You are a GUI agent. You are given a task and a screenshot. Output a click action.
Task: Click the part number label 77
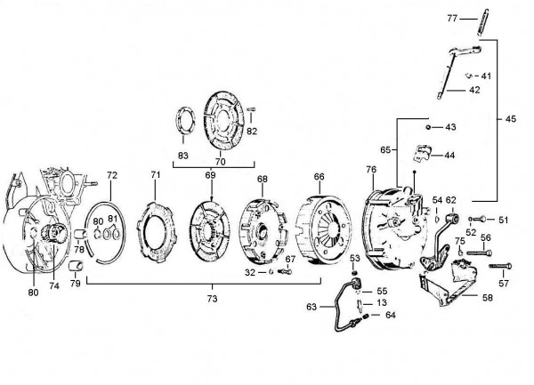coord(452,19)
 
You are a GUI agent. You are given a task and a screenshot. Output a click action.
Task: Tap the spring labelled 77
coord(483,22)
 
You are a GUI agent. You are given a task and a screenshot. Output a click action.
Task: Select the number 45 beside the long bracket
coord(511,118)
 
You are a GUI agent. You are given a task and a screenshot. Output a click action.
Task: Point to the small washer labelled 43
coord(428,127)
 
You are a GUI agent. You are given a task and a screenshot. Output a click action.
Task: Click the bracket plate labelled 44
coord(422,153)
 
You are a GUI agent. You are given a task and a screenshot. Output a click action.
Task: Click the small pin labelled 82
coord(251,109)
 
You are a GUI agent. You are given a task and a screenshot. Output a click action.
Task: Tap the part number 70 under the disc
coord(221,162)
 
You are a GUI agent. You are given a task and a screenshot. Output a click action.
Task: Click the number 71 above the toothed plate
coord(155,175)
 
